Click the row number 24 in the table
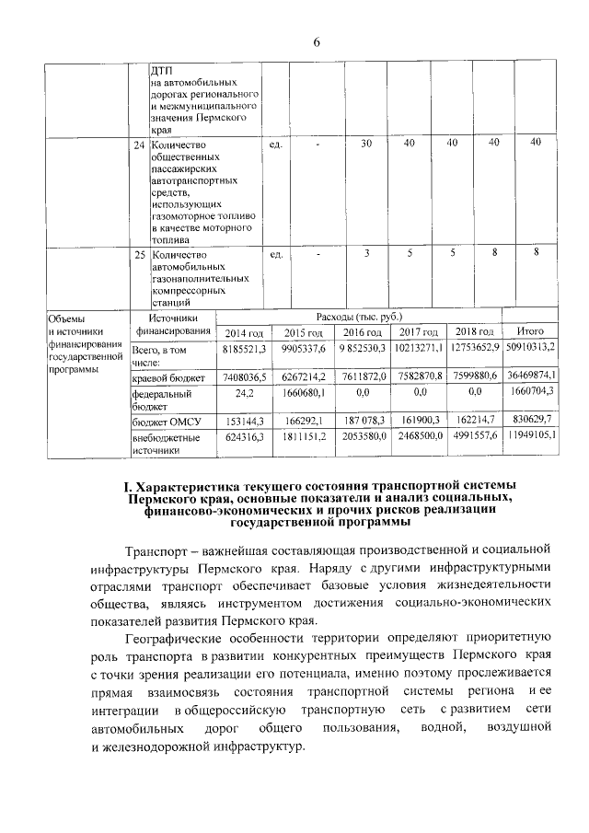[138, 145]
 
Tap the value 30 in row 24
[365, 144]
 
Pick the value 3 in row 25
[365, 253]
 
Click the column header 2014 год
[245, 332]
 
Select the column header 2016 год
[362, 332]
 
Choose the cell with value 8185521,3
[245, 351]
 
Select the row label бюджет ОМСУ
[165, 420]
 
